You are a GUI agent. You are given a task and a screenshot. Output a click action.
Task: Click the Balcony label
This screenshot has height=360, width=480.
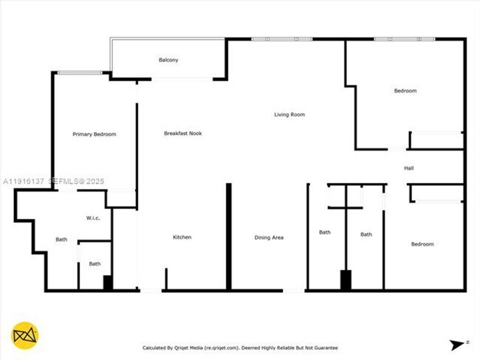point(168,60)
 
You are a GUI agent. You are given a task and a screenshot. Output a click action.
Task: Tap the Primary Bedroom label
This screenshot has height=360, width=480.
point(95,134)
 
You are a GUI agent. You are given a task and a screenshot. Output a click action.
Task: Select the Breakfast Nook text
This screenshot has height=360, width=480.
point(183,134)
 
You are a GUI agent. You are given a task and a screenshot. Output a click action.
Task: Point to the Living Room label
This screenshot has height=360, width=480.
point(289,114)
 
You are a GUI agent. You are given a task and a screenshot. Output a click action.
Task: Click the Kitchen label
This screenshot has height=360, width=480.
point(182,237)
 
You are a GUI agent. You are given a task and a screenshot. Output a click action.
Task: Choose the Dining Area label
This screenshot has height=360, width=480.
point(269,238)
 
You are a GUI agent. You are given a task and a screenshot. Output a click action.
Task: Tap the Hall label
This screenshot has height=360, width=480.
point(408,168)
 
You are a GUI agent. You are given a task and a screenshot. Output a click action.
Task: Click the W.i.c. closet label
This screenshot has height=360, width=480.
point(94,218)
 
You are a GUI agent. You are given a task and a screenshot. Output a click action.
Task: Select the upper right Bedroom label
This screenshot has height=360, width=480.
point(405,91)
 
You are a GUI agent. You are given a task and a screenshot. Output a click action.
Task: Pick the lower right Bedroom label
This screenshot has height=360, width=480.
point(422,244)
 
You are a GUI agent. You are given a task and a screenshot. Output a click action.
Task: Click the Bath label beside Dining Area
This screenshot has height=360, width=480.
point(325,232)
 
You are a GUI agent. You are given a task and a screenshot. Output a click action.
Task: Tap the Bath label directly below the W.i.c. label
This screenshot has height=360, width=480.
point(61,239)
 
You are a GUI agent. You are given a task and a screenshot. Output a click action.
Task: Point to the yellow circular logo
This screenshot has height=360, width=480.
point(25,336)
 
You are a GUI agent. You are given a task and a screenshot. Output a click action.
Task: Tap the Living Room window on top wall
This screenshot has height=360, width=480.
point(281,39)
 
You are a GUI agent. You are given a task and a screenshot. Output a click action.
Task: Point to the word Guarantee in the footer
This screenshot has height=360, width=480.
point(324,347)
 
